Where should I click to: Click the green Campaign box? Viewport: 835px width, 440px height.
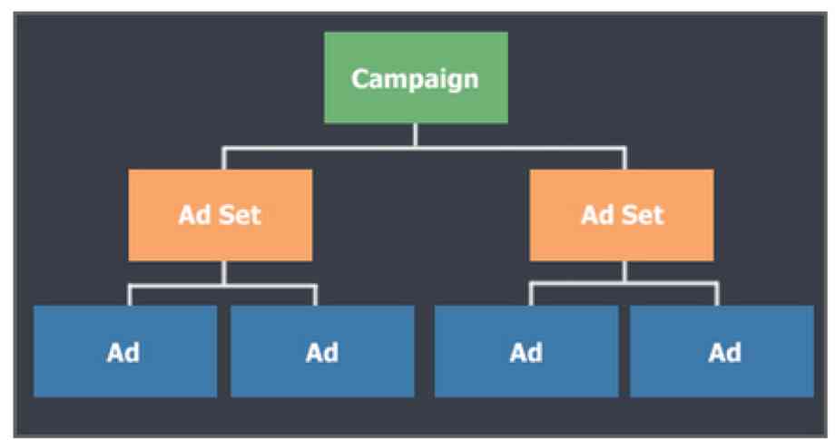coord(415,77)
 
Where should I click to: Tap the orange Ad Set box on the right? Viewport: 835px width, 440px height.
coord(623,215)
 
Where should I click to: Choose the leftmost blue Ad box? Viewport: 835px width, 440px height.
coord(124,351)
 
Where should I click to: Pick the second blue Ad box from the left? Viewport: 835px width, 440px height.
coord(322,351)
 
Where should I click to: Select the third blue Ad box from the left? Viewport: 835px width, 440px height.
coord(526,351)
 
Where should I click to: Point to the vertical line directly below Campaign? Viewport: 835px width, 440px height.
coord(415,134)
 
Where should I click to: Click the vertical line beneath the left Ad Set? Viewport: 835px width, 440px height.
coord(224,273)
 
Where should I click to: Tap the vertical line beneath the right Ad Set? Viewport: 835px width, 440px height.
coord(624,271)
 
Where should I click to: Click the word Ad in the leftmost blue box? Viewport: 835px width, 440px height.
coord(124,352)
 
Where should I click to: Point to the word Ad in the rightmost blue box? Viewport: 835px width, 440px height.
coord(724,352)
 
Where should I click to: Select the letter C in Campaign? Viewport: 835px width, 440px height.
coord(360,78)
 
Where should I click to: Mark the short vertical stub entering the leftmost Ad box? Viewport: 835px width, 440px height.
coord(130,296)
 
